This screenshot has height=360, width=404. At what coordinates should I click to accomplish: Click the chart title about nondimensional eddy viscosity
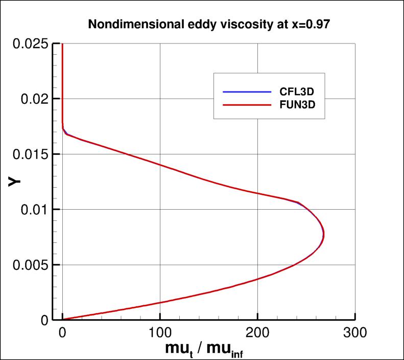point(208,24)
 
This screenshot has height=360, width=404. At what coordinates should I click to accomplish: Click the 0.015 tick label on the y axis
point(31,154)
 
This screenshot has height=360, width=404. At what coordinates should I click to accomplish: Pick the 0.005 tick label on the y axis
point(31,265)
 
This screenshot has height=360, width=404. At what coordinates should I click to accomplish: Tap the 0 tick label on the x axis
point(62,333)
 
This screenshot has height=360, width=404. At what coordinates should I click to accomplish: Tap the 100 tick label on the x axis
point(160,333)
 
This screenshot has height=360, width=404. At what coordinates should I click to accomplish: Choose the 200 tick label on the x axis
point(258,333)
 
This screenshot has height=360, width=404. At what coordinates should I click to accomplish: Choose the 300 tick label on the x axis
point(355,333)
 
